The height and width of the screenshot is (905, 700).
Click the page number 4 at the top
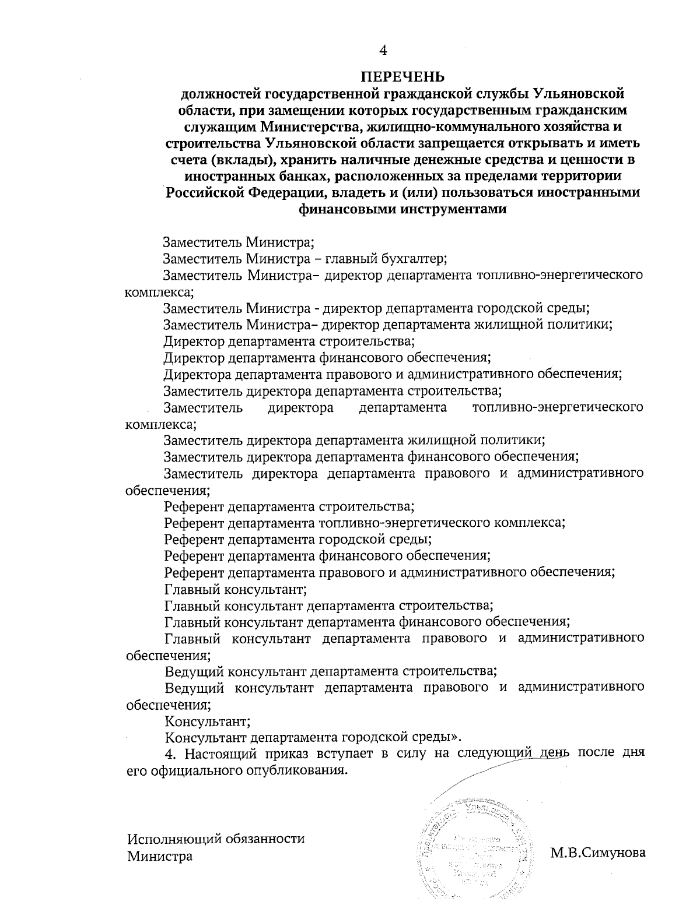coord(383,51)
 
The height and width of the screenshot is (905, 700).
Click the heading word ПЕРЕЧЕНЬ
coord(402,76)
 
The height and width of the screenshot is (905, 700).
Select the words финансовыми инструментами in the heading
coord(402,209)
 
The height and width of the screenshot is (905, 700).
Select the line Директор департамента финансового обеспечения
coord(327,358)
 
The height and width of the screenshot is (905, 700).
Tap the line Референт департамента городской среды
coord(297,539)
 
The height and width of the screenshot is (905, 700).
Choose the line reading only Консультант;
coord(208,721)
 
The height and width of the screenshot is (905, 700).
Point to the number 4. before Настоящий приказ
coord(170,754)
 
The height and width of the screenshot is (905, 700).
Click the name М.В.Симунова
coord(598,853)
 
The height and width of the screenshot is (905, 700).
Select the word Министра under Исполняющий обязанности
coord(160,857)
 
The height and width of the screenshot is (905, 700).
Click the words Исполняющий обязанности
coord(216,839)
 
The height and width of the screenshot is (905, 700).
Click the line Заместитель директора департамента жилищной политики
coord(355,441)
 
